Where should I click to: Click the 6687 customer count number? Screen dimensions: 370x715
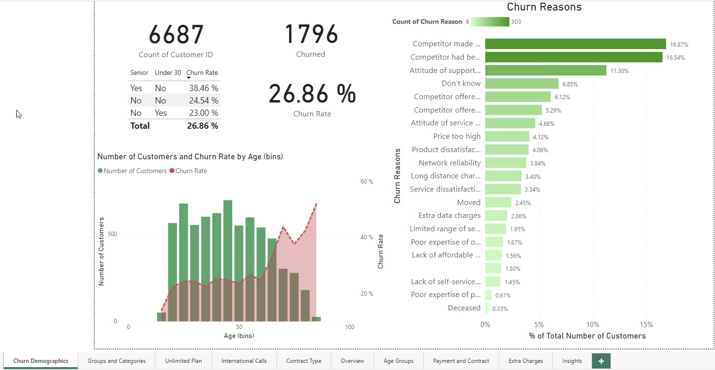[x=176, y=35]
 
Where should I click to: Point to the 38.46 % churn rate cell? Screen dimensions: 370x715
[x=203, y=88]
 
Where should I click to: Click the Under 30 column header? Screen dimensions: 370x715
[x=168, y=73]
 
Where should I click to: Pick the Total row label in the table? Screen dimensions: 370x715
[x=140, y=126]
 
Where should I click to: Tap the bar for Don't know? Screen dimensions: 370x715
[x=521, y=83]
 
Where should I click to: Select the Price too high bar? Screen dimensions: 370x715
[x=507, y=136]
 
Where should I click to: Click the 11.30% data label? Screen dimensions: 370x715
[x=619, y=71]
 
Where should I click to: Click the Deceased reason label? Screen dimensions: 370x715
[x=464, y=308]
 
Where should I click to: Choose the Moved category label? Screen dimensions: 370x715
[x=469, y=203]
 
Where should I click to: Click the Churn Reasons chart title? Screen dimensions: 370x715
[x=544, y=7]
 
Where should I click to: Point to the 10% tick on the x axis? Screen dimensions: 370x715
[x=592, y=325]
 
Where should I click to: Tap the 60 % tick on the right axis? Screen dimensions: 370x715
[x=367, y=182]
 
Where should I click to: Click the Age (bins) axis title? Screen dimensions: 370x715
[x=239, y=336]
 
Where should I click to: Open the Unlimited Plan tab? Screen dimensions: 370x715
[x=184, y=361]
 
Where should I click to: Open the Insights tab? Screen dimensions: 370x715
[x=572, y=361]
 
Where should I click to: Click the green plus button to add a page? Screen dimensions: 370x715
[x=601, y=361]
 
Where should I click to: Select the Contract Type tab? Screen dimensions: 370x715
[x=304, y=361]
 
